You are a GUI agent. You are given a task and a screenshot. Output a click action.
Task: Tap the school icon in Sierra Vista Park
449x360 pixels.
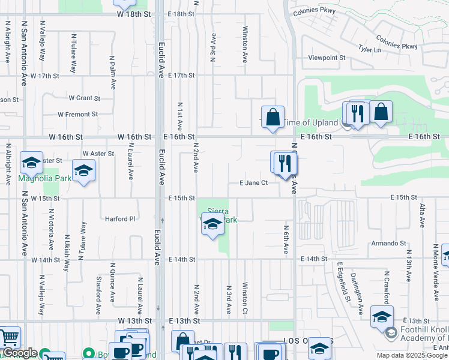click(212, 225)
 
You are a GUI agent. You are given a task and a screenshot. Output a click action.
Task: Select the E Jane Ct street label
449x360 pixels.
click(253, 183)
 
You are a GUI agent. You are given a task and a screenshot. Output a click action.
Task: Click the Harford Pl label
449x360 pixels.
click(120, 219)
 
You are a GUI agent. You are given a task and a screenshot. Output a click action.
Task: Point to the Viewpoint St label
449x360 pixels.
click(327, 58)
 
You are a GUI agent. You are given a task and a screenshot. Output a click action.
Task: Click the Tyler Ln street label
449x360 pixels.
click(369, 49)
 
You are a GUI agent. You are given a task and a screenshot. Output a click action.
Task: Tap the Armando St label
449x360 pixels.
click(388, 243)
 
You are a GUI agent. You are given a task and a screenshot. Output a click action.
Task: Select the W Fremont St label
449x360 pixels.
click(77, 114)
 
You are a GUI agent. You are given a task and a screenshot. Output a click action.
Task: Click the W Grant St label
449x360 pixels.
click(84, 98)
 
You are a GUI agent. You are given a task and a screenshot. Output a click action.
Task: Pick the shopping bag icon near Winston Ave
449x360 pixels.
click(273, 116)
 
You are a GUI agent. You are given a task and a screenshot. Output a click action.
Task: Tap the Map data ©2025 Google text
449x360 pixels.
click(412, 355)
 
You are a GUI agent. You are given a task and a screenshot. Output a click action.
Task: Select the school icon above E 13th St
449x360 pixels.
click(382, 316)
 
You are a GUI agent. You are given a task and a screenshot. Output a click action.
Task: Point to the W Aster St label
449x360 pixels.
click(98, 154)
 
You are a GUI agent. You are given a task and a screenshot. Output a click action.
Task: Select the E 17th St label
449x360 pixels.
click(181, 75)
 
